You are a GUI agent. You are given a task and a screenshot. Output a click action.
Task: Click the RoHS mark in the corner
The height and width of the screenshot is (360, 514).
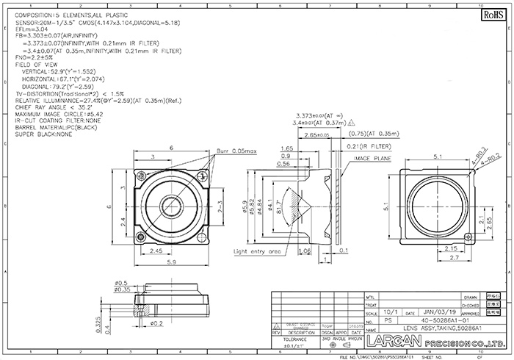[x=489, y=14]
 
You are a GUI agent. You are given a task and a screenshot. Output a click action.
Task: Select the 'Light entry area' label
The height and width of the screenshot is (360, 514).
[x=258, y=251]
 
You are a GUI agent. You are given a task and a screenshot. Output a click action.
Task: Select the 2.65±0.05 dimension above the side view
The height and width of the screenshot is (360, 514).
[x=316, y=136]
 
